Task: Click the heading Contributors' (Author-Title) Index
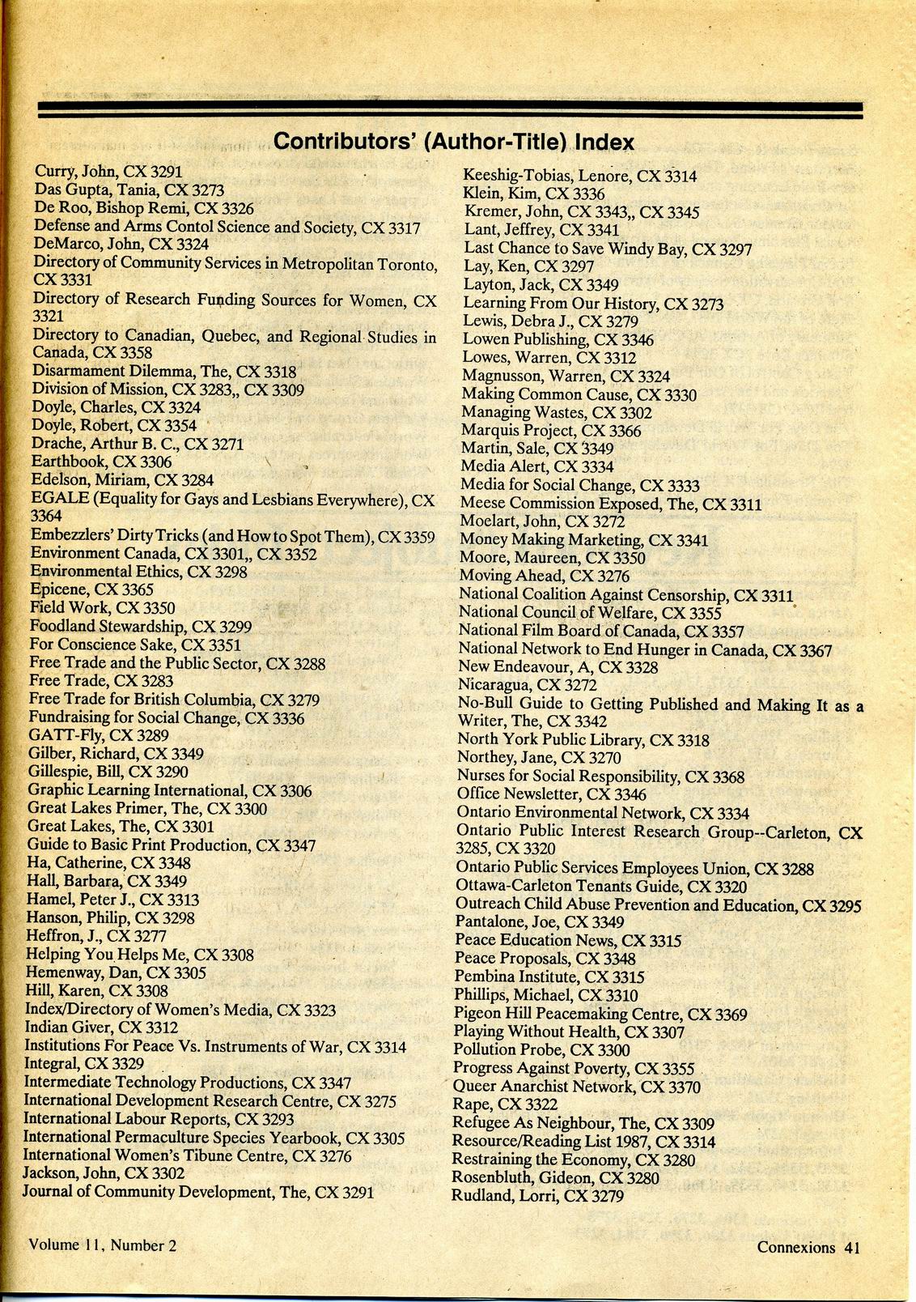click(x=453, y=143)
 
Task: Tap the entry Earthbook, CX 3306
click(x=101, y=462)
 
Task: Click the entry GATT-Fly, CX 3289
click(x=98, y=735)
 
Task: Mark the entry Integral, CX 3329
click(x=84, y=1063)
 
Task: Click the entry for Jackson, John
click(x=104, y=1172)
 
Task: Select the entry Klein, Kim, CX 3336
click(x=533, y=194)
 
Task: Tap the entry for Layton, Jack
click(x=541, y=285)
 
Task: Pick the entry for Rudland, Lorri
click(x=537, y=1195)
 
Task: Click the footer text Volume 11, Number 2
click(x=102, y=1245)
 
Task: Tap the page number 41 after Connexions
click(x=850, y=1247)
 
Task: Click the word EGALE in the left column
click(x=60, y=500)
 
